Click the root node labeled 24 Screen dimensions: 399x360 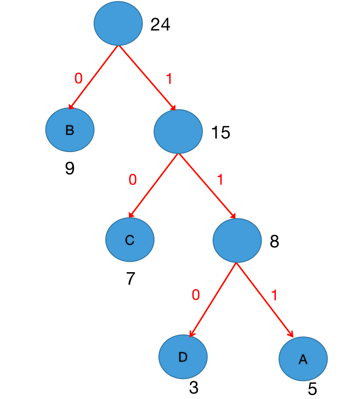[x=118, y=24]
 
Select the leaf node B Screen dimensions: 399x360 [x=70, y=130]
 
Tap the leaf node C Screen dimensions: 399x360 [x=130, y=240]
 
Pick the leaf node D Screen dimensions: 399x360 [x=183, y=357]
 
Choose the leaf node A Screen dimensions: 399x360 [x=303, y=359]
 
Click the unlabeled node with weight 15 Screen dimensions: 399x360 [x=178, y=131]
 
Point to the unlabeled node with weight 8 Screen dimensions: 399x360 [x=237, y=241]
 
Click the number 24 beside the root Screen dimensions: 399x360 [x=160, y=25]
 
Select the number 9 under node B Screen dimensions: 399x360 [x=69, y=169]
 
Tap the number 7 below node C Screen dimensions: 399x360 [x=130, y=279]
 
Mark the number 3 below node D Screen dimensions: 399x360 [x=193, y=388]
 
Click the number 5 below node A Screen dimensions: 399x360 [x=312, y=389]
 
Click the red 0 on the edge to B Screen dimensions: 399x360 [x=78, y=78]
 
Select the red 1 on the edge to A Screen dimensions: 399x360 [x=274, y=295]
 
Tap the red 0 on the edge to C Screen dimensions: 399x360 [x=133, y=180]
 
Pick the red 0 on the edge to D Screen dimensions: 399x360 [x=196, y=295]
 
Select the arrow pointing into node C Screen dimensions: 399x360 [x=154, y=186]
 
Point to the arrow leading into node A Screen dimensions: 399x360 [x=265, y=299]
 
